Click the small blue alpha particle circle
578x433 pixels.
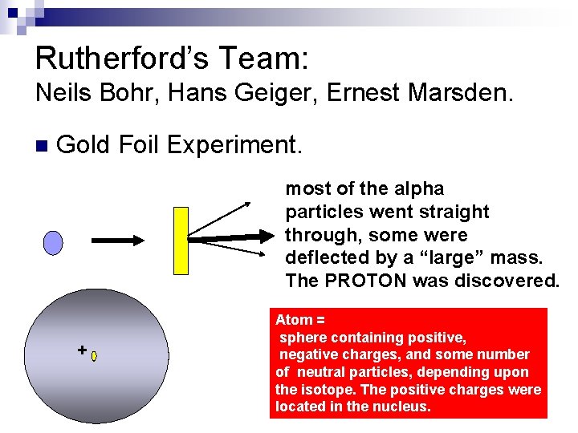click(53, 242)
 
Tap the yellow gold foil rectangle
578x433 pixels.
click(181, 240)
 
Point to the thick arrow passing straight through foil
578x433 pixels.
click(233, 237)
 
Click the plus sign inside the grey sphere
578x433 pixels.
click(81, 350)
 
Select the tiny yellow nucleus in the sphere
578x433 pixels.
click(94, 355)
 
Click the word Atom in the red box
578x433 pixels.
click(291, 320)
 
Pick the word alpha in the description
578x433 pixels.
click(416, 188)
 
